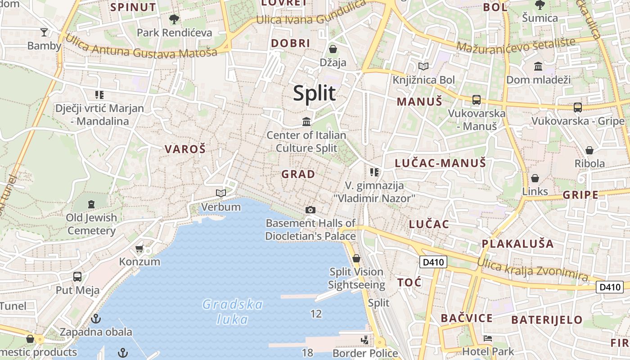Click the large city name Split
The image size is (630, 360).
[x=314, y=93]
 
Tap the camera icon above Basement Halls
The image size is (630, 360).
[x=310, y=210]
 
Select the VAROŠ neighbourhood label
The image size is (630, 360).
[x=185, y=149]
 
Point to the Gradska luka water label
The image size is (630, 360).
[x=232, y=312]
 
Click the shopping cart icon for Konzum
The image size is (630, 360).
[x=139, y=248]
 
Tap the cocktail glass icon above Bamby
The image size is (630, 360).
[x=44, y=32]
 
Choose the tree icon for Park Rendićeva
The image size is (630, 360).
[x=174, y=19]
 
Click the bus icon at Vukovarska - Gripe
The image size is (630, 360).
[x=578, y=107]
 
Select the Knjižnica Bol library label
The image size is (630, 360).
[x=424, y=80]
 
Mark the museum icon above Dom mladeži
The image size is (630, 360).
[x=538, y=67]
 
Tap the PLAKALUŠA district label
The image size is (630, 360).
[x=517, y=244]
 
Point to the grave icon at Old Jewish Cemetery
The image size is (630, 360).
[x=91, y=204]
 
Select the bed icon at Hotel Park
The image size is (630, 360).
[x=488, y=338]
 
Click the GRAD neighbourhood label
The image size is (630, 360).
[x=298, y=174]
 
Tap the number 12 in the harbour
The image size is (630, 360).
[x=316, y=314]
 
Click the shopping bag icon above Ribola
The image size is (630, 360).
[x=589, y=150]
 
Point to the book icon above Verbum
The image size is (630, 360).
[x=220, y=193]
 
